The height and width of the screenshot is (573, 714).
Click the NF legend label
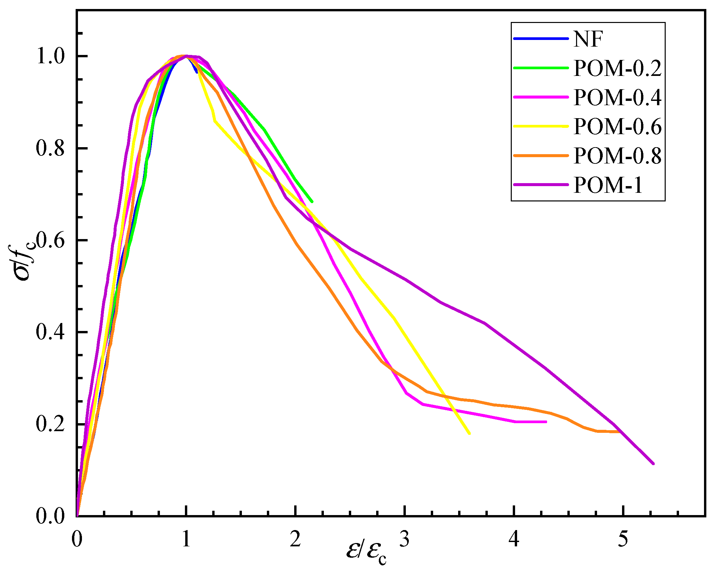(x=588, y=39)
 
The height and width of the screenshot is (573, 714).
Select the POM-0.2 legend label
(x=617, y=69)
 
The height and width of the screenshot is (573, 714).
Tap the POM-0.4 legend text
(x=617, y=98)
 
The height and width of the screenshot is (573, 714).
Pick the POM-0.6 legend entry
(x=617, y=127)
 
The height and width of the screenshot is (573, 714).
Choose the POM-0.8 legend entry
(x=617, y=156)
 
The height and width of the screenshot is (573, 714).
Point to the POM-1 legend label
(x=608, y=185)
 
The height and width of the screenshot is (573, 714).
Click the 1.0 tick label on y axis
(x=50, y=56)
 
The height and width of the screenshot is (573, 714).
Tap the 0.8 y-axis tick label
(x=50, y=148)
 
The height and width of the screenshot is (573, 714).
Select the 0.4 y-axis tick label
(x=50, y=332)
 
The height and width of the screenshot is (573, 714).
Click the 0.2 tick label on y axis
(x=50, y=424)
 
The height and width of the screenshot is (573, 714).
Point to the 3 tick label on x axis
(x=404, y=539)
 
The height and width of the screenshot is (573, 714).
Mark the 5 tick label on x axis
(x=623, y=539)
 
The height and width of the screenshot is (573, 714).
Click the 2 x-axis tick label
(x=295, y=539)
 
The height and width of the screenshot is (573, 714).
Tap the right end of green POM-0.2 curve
(x=312, y=201)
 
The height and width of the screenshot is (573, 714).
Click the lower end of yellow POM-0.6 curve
(x=469, y=433)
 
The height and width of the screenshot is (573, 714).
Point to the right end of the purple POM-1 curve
(x=653, y=463)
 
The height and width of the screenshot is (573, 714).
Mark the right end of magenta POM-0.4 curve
(x=546, y=422)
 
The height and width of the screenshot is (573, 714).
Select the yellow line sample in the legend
(x=541, y=127)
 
